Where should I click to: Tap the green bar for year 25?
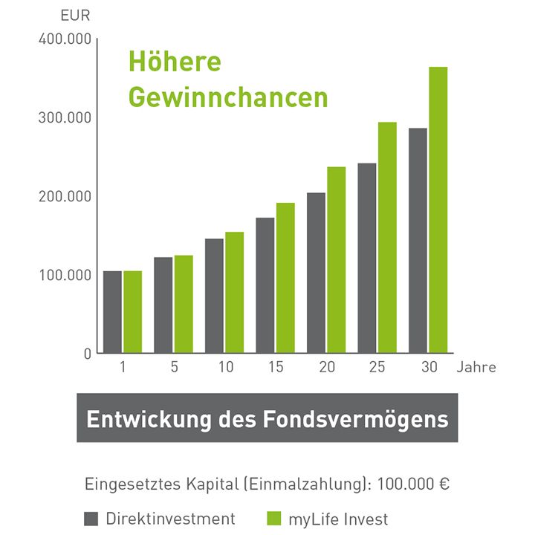(x=387, y=237)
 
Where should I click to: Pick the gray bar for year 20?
(x=316, y=273)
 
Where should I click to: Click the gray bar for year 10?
(x=214, y=296)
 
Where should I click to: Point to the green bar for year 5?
(x=184, y=304)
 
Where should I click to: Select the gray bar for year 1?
(x=112, y=311)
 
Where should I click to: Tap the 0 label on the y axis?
(x=88, y=354)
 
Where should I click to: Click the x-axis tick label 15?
(x=276, y=367)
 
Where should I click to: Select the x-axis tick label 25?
(x=377, y=367)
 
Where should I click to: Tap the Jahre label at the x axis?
(x=476, y=367)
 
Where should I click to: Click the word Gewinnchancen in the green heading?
(x=228, y=98)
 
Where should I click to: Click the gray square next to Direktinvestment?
(x=91, y=519)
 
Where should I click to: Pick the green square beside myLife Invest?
(x=273, y=519)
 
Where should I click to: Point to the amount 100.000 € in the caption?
(x=413, y=484)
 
